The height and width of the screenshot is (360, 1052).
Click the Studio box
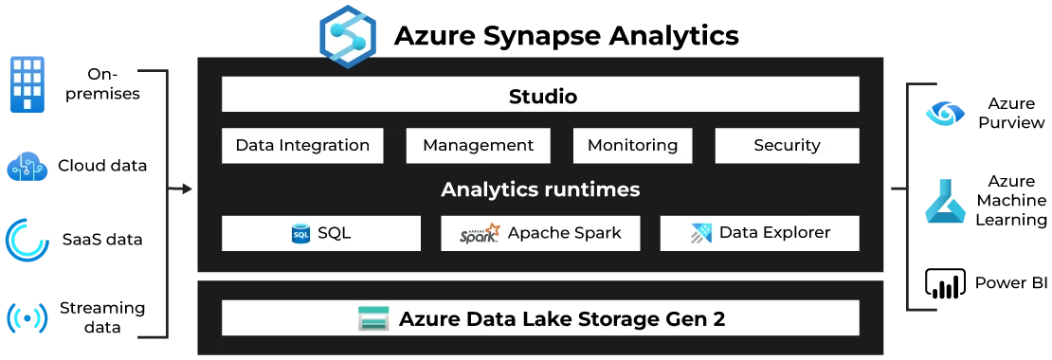540,95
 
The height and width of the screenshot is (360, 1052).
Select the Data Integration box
302,146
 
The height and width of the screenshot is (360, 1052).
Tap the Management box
479,146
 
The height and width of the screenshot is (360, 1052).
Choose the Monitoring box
632,146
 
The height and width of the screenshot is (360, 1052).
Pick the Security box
787,146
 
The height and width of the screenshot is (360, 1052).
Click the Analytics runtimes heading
540,189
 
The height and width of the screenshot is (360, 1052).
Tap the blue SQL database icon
300,233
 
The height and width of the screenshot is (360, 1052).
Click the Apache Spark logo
480,233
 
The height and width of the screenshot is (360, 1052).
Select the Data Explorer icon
701,233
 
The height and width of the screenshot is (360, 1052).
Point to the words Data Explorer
774,233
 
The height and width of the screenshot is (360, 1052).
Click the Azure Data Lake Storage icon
373,318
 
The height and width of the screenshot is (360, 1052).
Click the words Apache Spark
564,233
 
